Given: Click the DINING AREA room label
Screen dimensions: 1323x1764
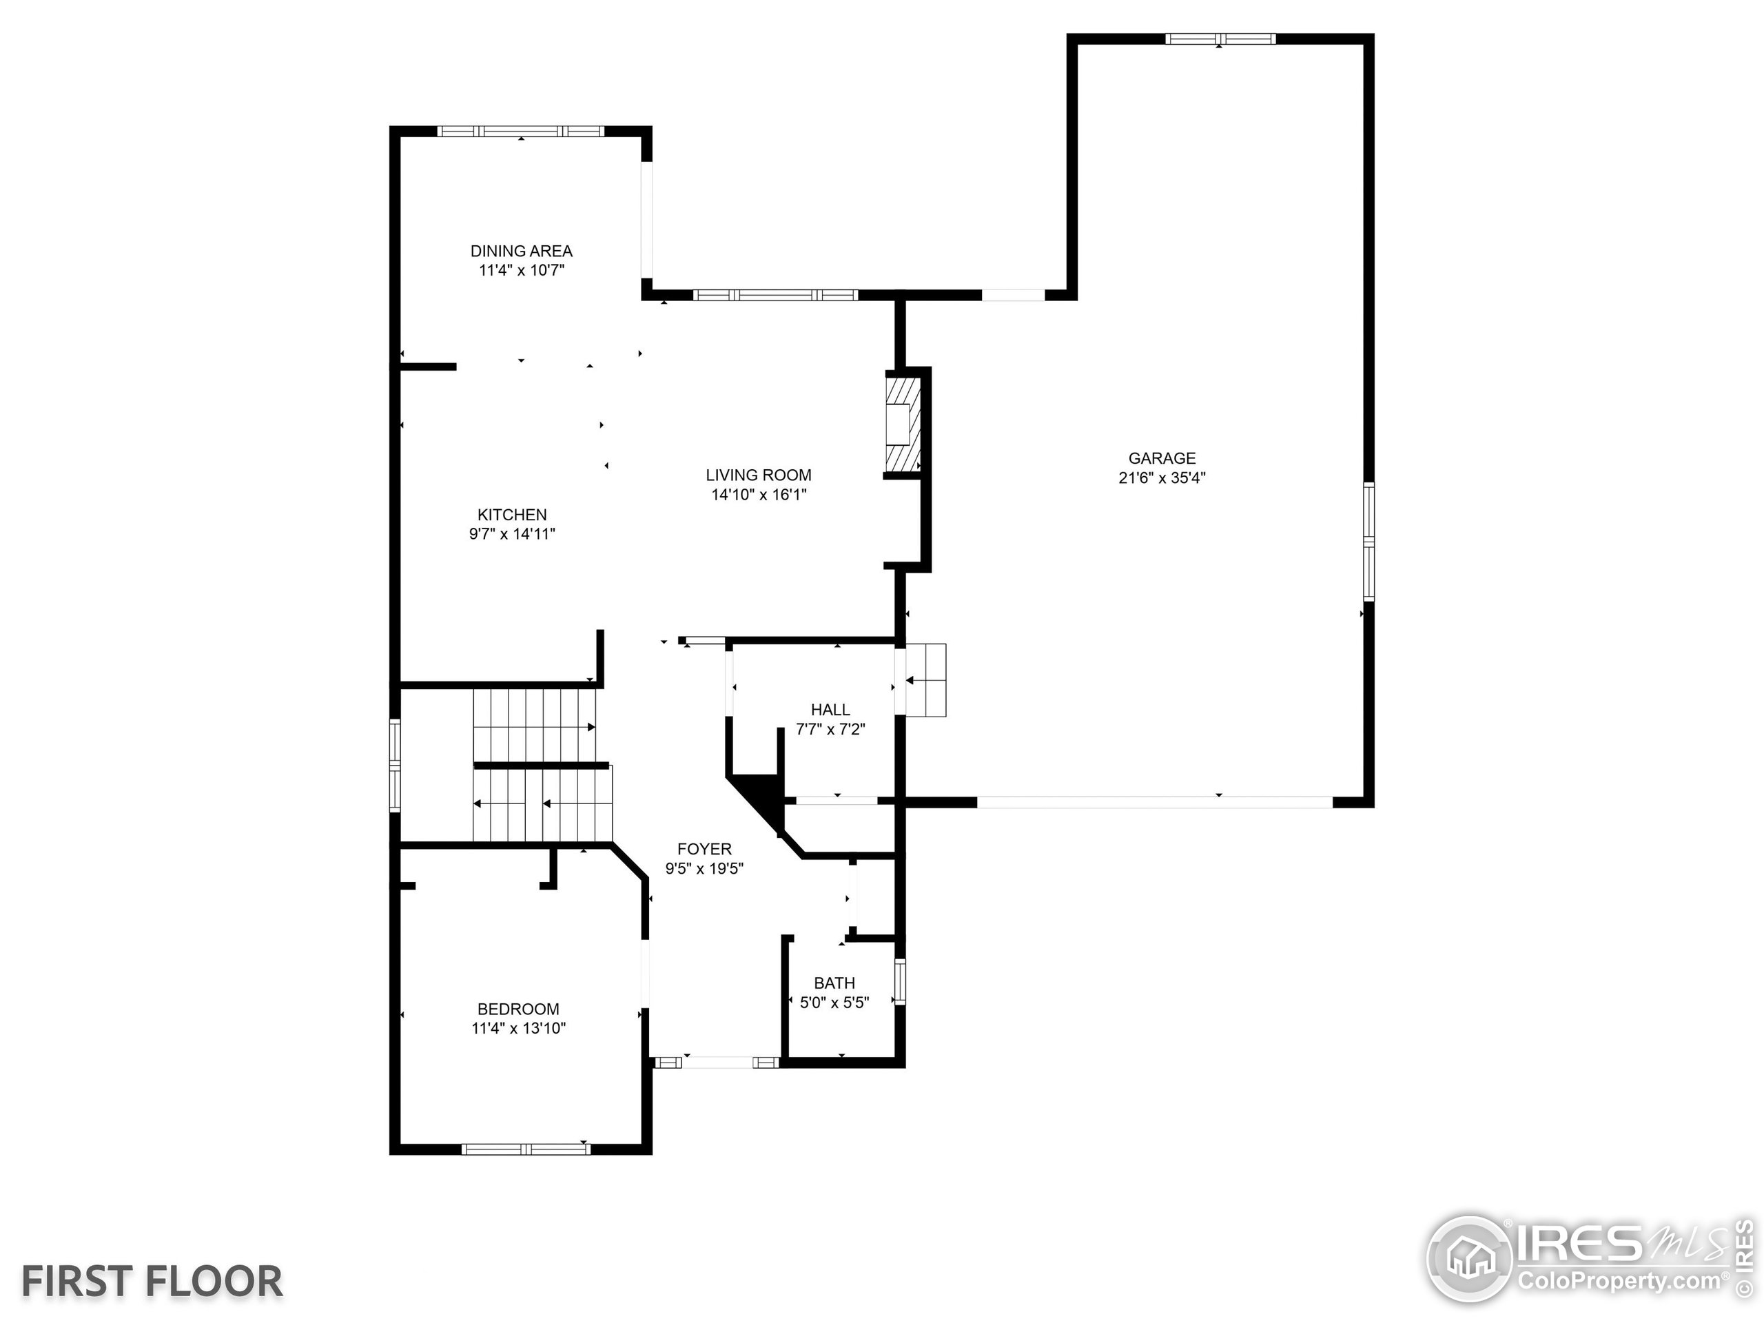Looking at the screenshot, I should pyautogui.click(x=521, y=250).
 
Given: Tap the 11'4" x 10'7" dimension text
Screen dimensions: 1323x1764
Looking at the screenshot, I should pyautogui.click(x=521, y=270).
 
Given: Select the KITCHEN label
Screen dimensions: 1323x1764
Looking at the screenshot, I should pyautogui.click(x=512, y=514).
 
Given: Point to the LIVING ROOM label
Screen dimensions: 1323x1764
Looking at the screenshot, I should pyautogui.click(x=759, y=475).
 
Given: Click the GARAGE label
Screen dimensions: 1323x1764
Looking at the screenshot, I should pyautogui.click(x=1162, y=458).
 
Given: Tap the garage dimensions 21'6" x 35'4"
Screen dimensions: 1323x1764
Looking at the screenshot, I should pyautogui.click(x=1162, y=478).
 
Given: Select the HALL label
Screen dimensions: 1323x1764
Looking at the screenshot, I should pyautogui.click(x=830, y=709).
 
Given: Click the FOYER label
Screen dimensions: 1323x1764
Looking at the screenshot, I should pyautogui.click(x=704, y=848).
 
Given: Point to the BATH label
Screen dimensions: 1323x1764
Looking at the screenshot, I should pyautogui.click(x=834, y=983).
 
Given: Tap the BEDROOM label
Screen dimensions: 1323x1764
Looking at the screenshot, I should pyautogui.click(x=518, y=1009).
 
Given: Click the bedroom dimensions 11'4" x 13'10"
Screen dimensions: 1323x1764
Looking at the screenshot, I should pyautogui.click(x=518, y=1029).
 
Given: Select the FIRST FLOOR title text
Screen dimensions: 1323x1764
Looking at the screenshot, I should pyautogui.click(x=152, y=1282).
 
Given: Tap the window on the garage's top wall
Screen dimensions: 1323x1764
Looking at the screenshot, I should pyautogui.click(x=1220, y=39).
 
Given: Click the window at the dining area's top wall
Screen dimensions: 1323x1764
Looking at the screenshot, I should pyautogui.click(x=521, y=132).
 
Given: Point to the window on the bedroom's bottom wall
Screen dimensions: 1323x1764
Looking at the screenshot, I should pyautogui.click(x=526, y=1149).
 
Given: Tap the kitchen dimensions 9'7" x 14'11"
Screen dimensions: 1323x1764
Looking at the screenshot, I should pyautogui.click(x=512, y=534).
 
